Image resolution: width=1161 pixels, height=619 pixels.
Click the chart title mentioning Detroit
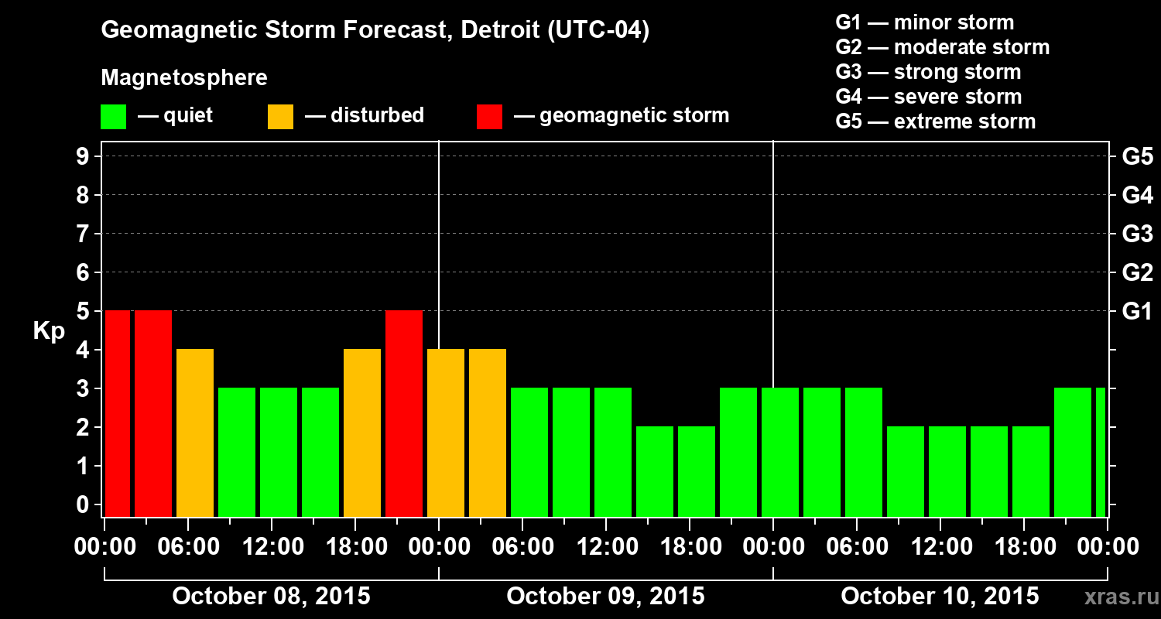point(375,31)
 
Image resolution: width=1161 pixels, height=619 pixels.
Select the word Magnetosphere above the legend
point(184,78)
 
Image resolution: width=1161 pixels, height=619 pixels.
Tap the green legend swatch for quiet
point(113,116)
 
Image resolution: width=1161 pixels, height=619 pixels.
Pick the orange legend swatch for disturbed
point(280,116)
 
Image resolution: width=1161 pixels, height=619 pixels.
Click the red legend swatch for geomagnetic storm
point(489,116)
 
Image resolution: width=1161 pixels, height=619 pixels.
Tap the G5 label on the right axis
point(1137,157)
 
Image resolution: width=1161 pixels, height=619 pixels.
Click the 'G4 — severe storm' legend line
point(928,97)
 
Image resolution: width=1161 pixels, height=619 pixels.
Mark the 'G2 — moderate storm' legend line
point(942,47)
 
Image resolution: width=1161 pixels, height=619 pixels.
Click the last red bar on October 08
point(404,413)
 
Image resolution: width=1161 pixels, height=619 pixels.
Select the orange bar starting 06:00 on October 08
point(195,433)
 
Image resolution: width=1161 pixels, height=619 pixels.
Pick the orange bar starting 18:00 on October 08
point(362,433)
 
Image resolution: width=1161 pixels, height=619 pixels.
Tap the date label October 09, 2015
point(605,597)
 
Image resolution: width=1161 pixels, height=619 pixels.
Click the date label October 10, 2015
point(940,597)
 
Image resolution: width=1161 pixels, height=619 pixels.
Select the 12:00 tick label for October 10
point(940,547)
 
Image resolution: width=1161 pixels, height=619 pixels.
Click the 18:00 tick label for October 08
point(354,547)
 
